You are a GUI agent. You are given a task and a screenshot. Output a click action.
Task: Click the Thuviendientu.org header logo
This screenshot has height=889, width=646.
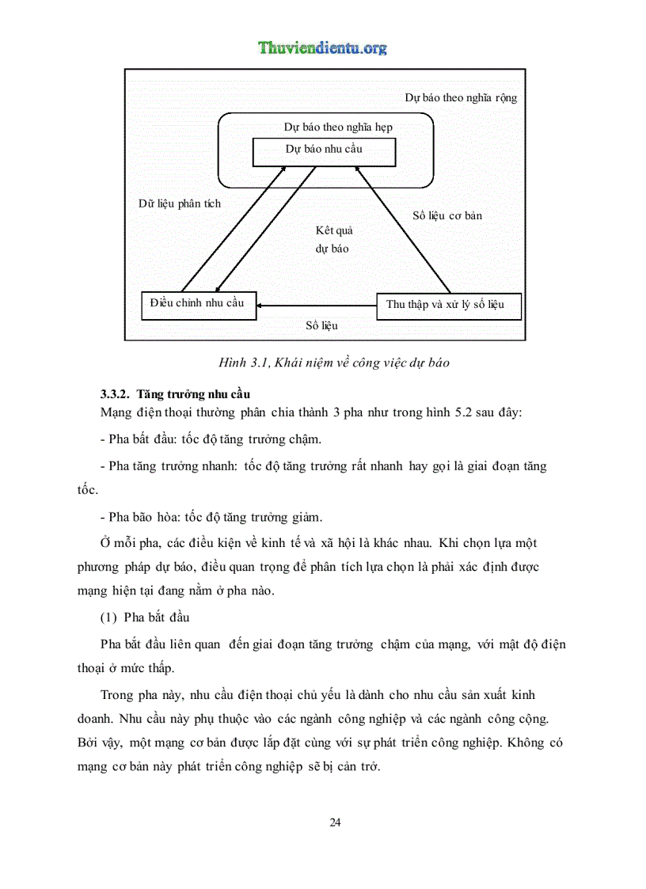(322, 48)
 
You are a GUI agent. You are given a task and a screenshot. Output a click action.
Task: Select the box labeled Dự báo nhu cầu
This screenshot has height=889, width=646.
(324, 151)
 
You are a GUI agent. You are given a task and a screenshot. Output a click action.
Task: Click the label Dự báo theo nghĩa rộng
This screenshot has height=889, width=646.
(461, 98)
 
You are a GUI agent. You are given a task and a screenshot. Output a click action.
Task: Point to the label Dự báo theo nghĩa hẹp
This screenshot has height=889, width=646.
(338, 127)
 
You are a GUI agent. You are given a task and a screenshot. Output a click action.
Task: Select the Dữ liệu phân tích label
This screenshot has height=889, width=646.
(180, 203)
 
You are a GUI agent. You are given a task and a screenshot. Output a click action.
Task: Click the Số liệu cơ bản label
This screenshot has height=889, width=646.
(447, 215)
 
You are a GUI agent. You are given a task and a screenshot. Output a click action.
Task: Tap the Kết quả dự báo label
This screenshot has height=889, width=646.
(333, 239)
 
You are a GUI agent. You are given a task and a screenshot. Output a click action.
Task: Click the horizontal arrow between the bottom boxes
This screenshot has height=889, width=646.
(317, 305)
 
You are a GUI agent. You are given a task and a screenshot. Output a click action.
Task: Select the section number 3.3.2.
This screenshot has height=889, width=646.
(116, 394)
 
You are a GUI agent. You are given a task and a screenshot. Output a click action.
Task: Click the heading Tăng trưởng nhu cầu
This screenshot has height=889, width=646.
(194, 394)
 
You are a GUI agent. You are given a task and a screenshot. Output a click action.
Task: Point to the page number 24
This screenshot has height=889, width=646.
(335, 823)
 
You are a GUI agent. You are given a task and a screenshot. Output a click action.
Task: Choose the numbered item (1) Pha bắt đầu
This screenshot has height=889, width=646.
(145, 617)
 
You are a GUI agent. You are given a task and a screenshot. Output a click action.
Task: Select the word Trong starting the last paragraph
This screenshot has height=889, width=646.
(118, 695)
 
